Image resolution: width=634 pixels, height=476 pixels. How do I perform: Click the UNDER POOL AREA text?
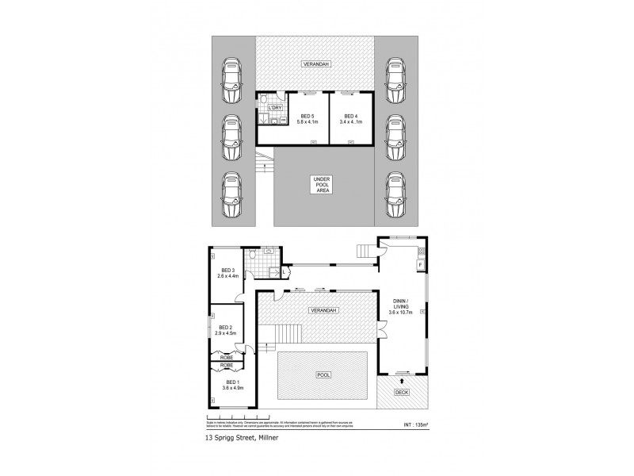coord(321,185)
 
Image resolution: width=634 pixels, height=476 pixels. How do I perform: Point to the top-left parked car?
coord(231,81)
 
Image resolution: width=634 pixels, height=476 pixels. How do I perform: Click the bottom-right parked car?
coord(394,195)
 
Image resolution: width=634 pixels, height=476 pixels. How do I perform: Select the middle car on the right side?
coord(394,139)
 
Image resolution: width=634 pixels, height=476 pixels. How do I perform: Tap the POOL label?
coord(323,374)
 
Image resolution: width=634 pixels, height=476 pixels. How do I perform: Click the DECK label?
coord(402,391)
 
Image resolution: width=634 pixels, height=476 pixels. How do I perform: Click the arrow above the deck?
coord(403,380)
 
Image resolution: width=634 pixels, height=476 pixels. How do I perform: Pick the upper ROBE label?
coord(226,358)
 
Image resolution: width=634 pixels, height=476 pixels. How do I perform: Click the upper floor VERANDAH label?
coord(315,63)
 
